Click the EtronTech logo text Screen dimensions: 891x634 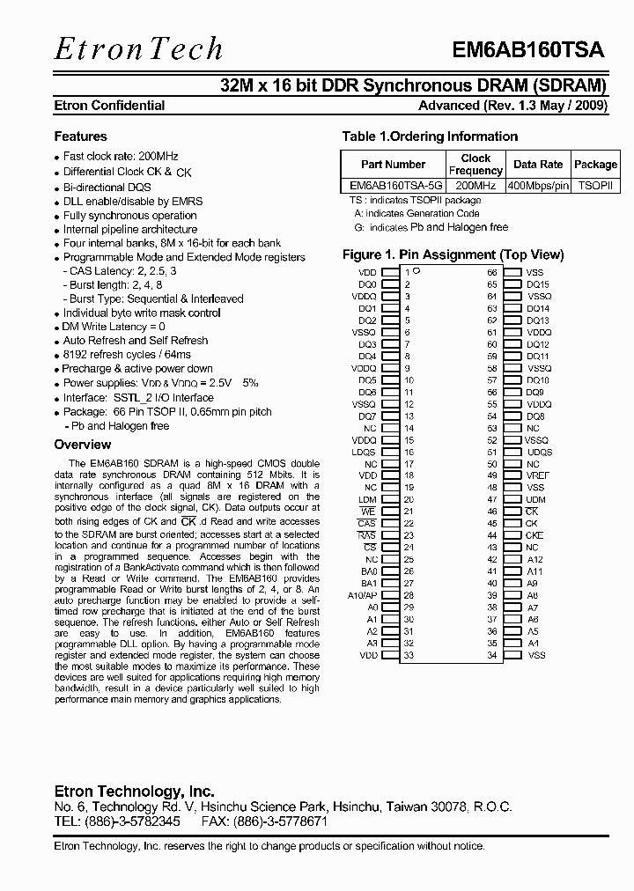(138, 48)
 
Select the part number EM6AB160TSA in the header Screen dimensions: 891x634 (527, 50)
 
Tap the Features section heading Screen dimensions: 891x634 (80, 136)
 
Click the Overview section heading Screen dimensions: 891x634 (82, 445)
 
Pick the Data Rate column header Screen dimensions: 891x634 (538, 165)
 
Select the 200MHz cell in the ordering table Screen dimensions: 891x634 (475, 187)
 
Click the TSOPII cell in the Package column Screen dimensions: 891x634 (595, 187)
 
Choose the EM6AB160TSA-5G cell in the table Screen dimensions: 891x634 (394, 187)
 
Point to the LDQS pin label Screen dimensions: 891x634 (365, 453)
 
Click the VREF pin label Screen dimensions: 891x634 (537, 475)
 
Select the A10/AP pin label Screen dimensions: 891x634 (362, 595)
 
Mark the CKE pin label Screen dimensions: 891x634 (534, 535)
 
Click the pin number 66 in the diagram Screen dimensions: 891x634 (492, 273)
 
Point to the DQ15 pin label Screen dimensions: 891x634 (538, 285)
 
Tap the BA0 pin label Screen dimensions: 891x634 (368, 571)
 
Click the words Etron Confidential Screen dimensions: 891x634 (109, 106)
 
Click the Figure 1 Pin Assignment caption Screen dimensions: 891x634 (453, 254)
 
